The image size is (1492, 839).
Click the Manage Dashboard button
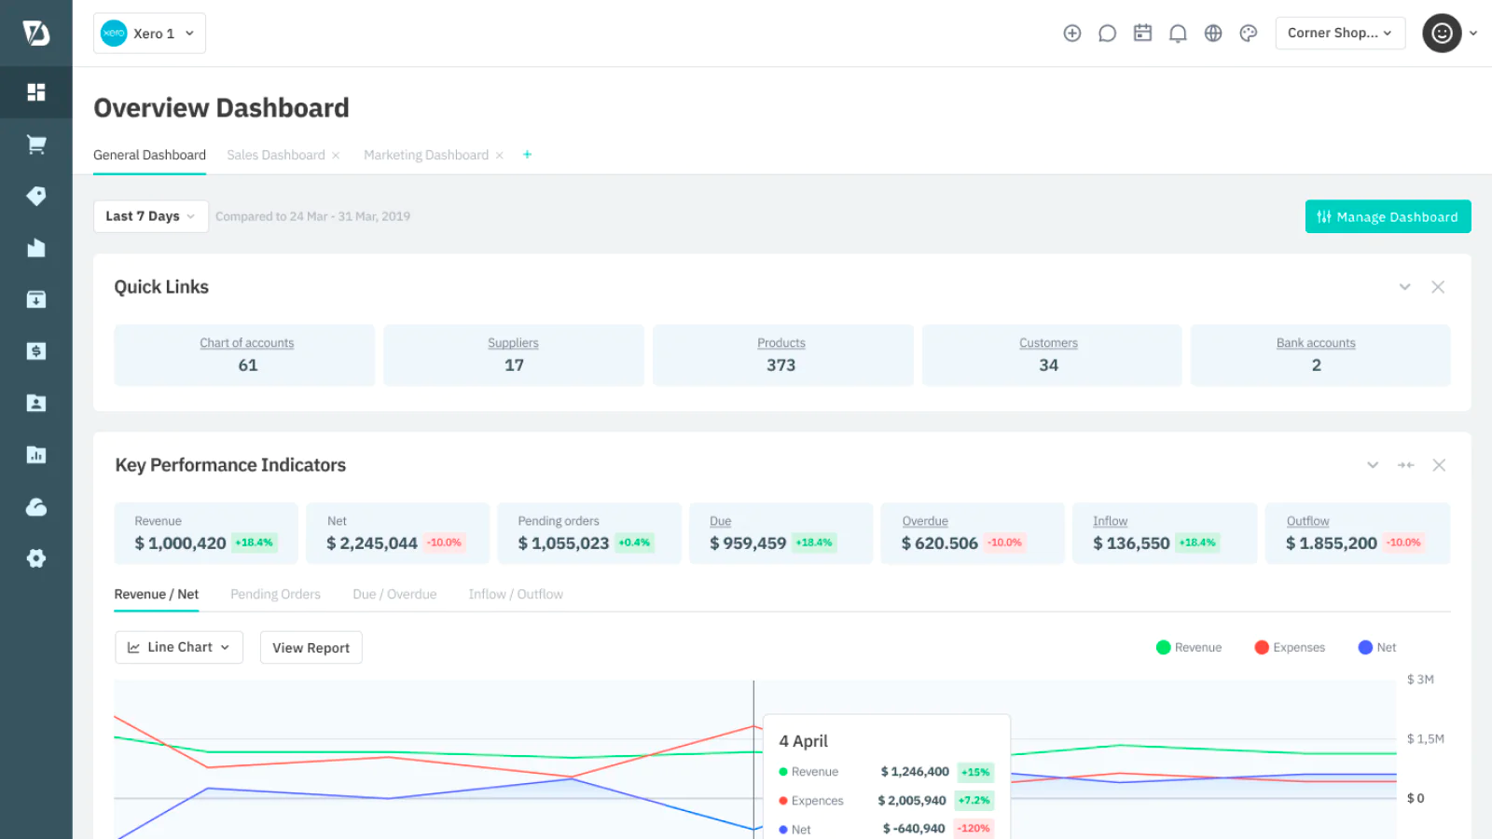[1388, 216]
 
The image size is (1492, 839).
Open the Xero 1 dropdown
[149, 34]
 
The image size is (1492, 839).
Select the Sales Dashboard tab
[276, 155]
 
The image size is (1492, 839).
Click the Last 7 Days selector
[150, 216]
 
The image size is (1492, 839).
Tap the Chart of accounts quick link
[246, 343]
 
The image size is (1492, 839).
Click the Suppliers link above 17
[513, 343]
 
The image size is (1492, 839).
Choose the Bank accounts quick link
[1315, 343]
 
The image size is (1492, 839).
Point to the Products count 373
[781, 365]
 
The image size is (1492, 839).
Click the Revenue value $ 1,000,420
[180, 543]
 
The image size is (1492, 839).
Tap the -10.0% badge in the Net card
[445, 543]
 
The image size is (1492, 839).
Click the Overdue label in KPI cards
[924, 521]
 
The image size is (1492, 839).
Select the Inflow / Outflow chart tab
[515, 594]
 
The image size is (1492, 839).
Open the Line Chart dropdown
[179, 647]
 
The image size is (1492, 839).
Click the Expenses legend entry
[1290, 647]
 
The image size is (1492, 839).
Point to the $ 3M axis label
[1419, 680]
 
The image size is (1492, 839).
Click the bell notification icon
[1178, 34]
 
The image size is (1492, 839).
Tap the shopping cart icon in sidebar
[36, 144]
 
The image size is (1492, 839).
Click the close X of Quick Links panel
[1438, 287]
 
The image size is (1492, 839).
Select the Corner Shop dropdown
[1339, 34]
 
